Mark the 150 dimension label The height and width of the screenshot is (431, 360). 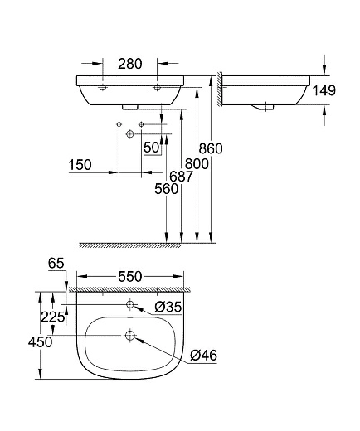80,164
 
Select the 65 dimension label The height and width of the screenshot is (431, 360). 56,264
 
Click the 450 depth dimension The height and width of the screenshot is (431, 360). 40,341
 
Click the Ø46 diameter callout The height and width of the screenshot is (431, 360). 202,356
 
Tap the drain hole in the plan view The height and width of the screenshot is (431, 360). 129,335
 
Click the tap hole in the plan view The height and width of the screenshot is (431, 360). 129,305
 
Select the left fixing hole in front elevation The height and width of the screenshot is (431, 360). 101,87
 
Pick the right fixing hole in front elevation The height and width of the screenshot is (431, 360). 157,87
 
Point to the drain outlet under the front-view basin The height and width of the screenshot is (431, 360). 129,107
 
